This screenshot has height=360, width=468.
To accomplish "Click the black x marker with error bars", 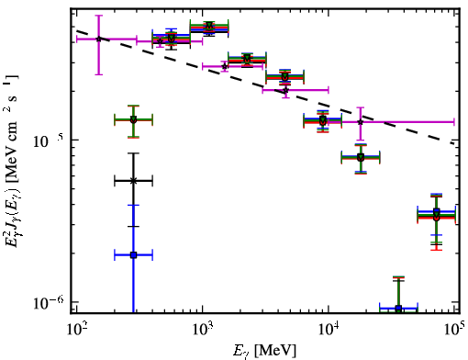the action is pyautogui.click(x=133, y=181).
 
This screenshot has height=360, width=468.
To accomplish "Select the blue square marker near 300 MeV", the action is pyautogui.click(x=133, y=254).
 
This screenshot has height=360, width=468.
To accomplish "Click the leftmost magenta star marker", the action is pyautogui.click(x=98, y=39).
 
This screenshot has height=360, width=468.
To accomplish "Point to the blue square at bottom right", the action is pyautogui.click(x=398, y=309).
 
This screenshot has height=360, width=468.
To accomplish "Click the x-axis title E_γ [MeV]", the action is pyautogui.click(x=264, y=350).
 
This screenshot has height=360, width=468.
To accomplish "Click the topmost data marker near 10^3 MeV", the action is pyautogui.click(x=209, y=25).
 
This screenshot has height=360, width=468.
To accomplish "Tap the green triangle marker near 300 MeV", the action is pyautogui.click(x=133, y=119).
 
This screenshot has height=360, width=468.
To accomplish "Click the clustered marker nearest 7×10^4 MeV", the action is pyautogui.click(x=437, y=215).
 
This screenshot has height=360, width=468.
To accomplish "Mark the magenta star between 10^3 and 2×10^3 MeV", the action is pyautogui.click(x=225, y=66).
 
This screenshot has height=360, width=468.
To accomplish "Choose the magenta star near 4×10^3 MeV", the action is pyautogui.click(x=285, y=90).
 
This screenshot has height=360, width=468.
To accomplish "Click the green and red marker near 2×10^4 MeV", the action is pyautogui.click(x=361, y=158).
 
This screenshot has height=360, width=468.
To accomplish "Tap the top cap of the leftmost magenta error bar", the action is pyautogui.click(x=98, y=16).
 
